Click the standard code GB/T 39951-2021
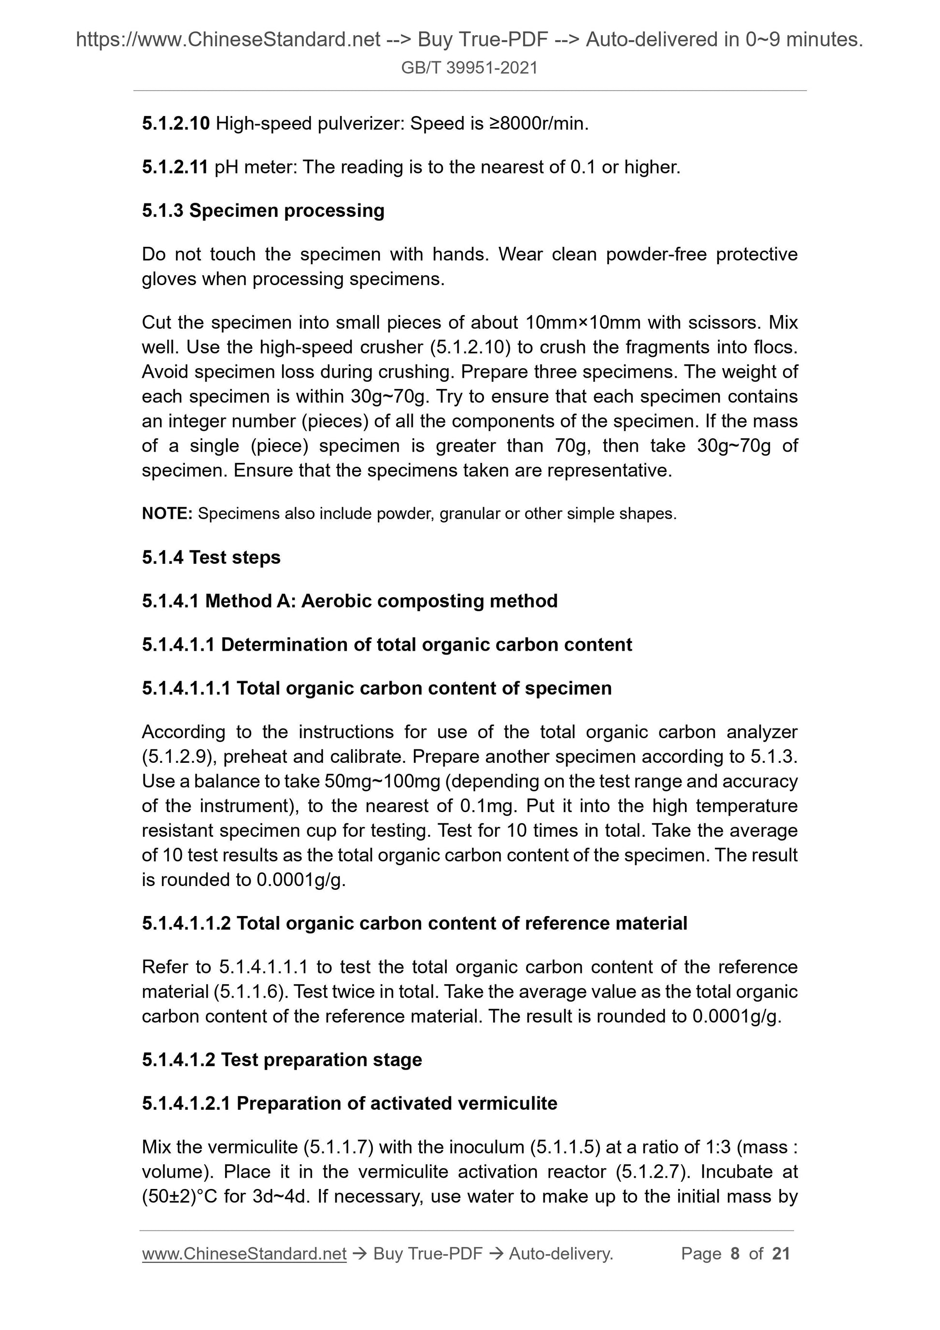coord(469,68)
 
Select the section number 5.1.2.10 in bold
coord(175,123)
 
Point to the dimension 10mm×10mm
coord(583,322)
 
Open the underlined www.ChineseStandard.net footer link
coord(244,1254)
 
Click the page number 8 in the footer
coord(735,1254)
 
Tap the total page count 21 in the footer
coord(781,1254)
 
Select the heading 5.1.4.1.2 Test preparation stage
coord(282,1060)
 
